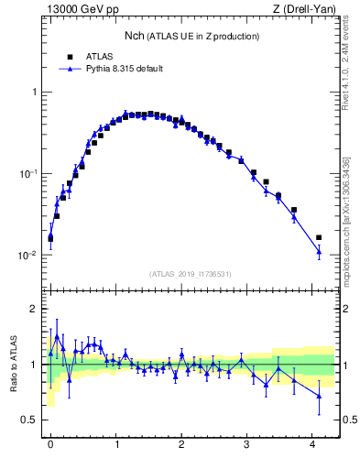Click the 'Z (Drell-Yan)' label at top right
point(305,10)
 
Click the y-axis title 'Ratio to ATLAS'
point(15,364)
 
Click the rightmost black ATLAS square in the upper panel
point(319,237)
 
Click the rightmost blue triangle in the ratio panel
point(319,395)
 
